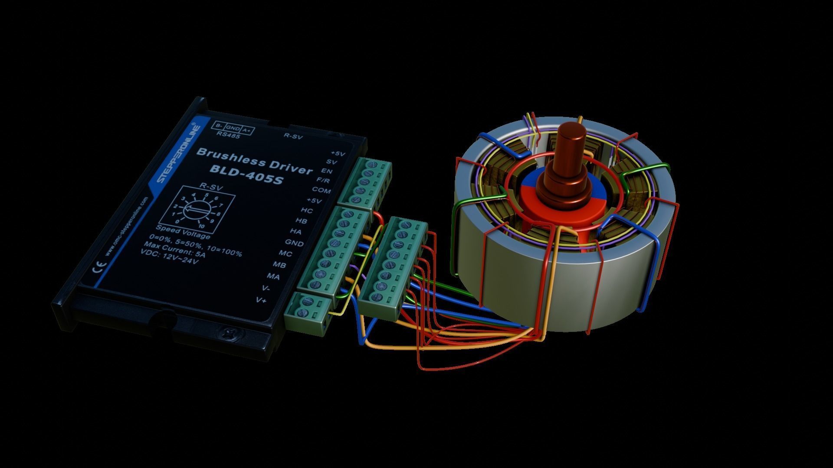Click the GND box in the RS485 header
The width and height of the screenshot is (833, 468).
point(233,128)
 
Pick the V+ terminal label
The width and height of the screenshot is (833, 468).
point(261,300)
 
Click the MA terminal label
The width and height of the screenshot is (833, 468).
point(273,276)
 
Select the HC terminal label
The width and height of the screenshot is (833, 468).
point(306,211)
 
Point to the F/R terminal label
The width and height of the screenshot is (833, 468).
point(323,180)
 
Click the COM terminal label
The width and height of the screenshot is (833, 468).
point(321,190)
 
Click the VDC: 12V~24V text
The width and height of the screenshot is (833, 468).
point(170,257)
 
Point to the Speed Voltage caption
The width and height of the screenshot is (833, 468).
point(183,232)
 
